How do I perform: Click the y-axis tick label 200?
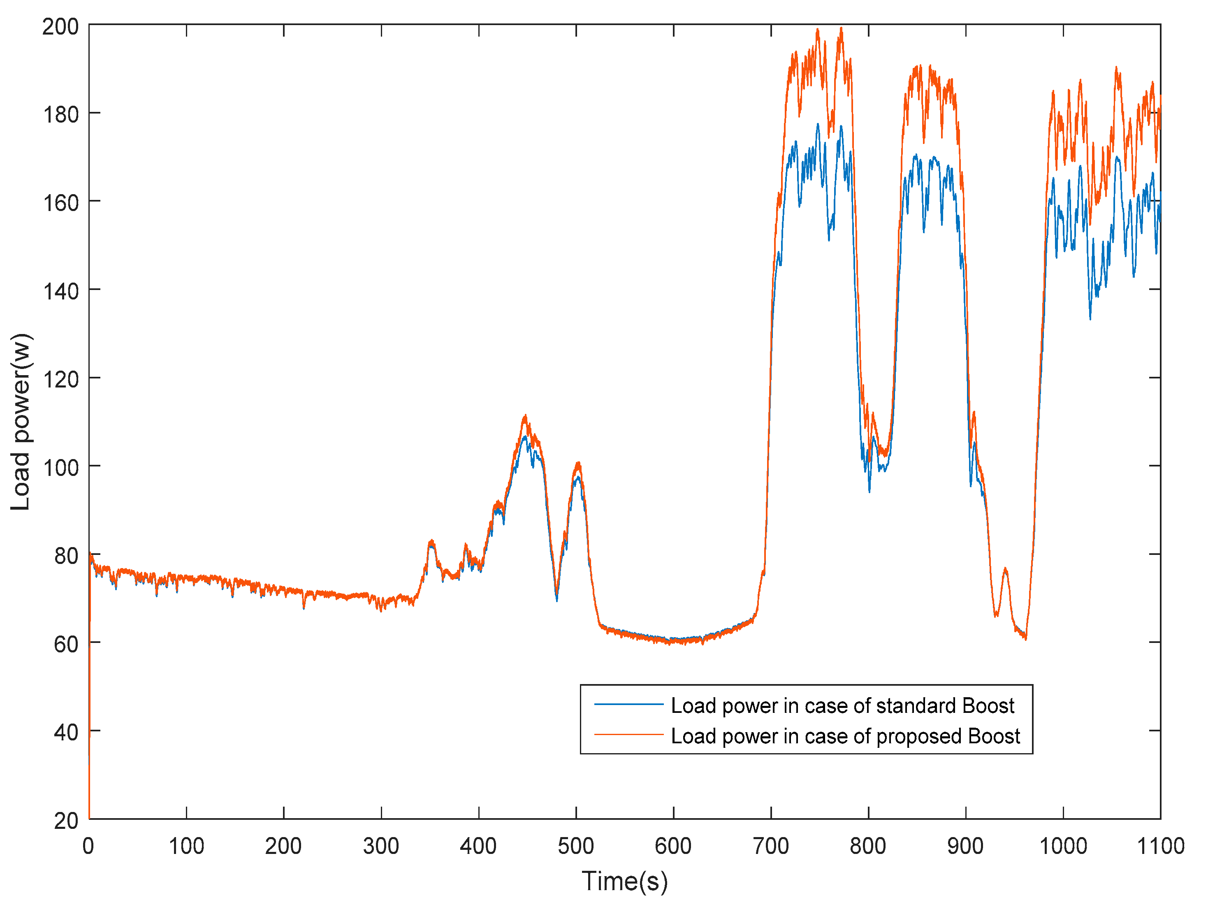60,26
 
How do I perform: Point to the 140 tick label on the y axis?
60,291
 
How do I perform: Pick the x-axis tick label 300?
380,846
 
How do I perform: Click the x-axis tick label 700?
770,846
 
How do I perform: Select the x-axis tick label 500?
575,846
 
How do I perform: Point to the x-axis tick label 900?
965,846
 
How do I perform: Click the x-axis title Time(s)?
624,881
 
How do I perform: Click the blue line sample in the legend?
628,704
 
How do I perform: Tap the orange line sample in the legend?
628,735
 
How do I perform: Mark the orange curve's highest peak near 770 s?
841,28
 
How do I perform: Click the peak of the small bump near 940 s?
1005,569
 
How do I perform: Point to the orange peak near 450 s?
525,416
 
